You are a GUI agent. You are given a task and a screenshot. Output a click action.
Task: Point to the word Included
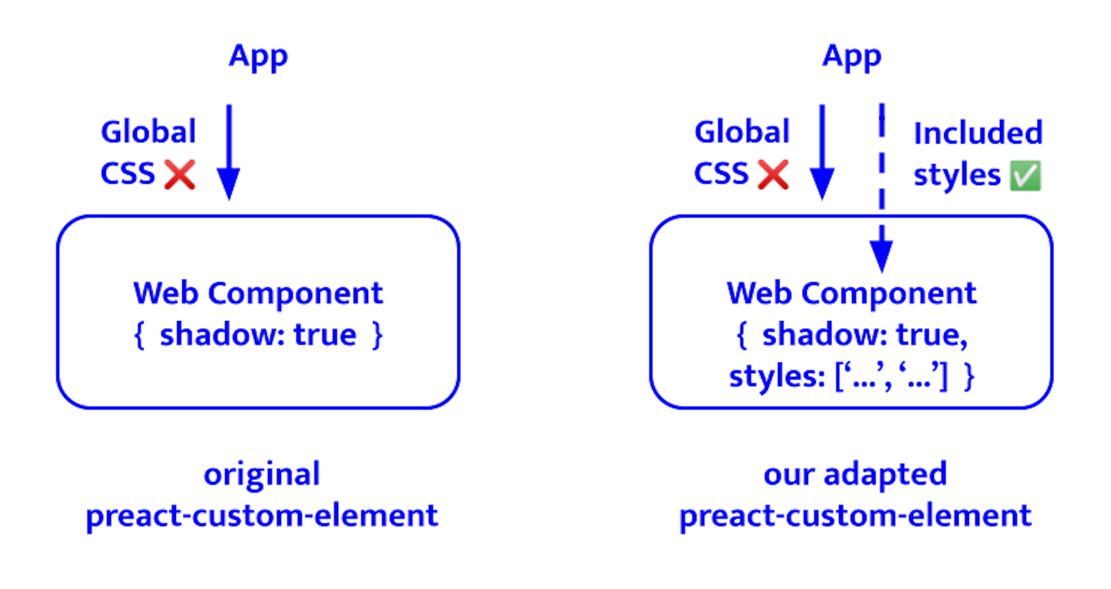978,133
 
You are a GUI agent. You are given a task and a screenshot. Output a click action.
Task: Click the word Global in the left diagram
148,132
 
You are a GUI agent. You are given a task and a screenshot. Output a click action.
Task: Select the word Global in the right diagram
742,132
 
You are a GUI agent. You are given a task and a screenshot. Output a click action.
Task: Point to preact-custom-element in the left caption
262,516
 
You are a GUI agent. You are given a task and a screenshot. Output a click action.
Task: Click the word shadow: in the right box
824,335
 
